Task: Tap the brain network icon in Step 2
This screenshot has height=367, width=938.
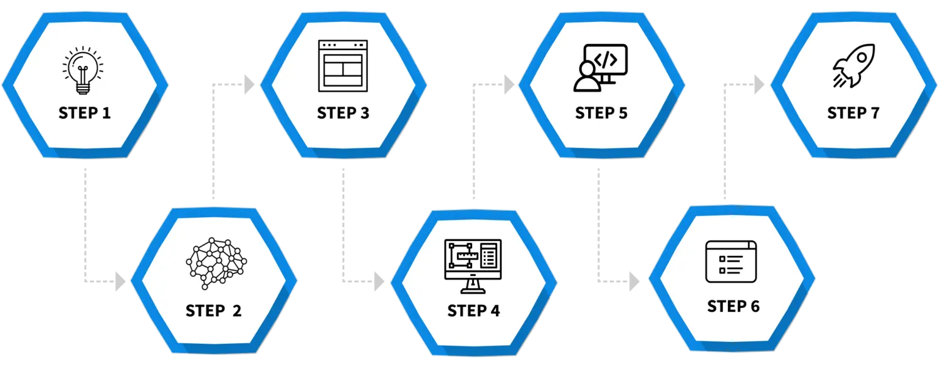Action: pos(216,263)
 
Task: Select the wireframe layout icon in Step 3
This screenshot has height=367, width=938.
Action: pos(343,65)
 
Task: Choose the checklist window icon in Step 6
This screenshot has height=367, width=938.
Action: pos(730,261)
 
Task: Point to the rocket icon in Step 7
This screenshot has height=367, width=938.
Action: pos(853,65)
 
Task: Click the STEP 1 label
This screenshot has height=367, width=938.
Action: pos(85,113)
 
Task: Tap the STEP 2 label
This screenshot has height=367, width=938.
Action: pos(214,310)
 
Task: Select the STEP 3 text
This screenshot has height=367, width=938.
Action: pos(343,113)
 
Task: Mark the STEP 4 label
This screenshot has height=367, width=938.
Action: pos(473,310)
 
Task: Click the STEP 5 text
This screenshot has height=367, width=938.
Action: pos(602,113)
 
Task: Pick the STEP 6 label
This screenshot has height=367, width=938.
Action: pos(733,306)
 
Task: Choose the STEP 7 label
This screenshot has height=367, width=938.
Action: pos(853,113)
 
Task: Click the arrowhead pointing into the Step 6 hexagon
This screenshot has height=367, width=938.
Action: pos(633,281)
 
